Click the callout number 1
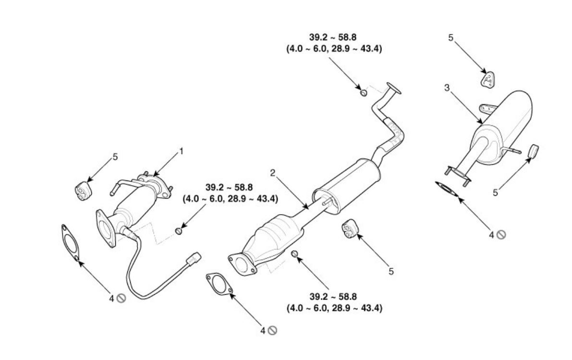click(x=181, y=151)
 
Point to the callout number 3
click(x=447, y=88)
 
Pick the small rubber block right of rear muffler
click(x=533, y=151)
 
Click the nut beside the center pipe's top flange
click(x=364, y=91)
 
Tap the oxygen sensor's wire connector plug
click(x=195, y=258)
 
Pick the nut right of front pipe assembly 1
click(x=179, y=232)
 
